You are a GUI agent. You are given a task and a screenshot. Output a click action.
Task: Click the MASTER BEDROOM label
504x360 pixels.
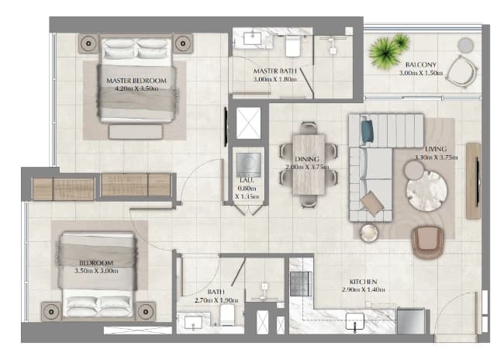[x=136, y=81]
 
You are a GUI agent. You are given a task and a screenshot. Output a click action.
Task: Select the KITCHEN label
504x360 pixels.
[x=363, y=282]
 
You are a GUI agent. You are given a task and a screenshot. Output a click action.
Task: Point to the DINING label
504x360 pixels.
[x=307, y=159]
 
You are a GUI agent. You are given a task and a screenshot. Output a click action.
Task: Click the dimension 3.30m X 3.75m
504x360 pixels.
[x=436, y=157]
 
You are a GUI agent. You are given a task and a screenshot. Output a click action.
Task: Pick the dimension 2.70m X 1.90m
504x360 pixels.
[x=216, y=300]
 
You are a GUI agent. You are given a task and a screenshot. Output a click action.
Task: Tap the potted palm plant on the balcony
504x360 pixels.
[x=388, y=51]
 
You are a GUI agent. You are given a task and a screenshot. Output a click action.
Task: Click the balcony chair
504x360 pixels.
[x=462, y=71]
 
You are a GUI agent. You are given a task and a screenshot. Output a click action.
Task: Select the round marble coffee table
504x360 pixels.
[x=426, y=191]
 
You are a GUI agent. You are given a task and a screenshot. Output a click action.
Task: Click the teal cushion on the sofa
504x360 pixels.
[x=367, y=131]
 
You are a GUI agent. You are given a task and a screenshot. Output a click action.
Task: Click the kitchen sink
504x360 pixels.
[x=355, y=322]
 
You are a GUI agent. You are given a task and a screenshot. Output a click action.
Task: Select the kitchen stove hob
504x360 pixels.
[x=301, y=283]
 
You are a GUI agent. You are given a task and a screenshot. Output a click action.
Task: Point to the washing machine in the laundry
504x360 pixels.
[x=248, y=165]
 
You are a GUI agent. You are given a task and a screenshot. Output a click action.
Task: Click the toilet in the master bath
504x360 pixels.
[x=292, y=46]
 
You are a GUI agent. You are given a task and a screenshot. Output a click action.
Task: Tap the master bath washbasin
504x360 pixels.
[x=252, y=38]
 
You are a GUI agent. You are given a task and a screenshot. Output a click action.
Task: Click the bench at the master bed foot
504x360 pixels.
[x=136, y=132]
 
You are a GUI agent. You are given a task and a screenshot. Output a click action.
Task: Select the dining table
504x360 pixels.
[x=309, y=164]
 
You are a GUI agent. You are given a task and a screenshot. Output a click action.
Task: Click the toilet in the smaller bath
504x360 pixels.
[x=227, y=315]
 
